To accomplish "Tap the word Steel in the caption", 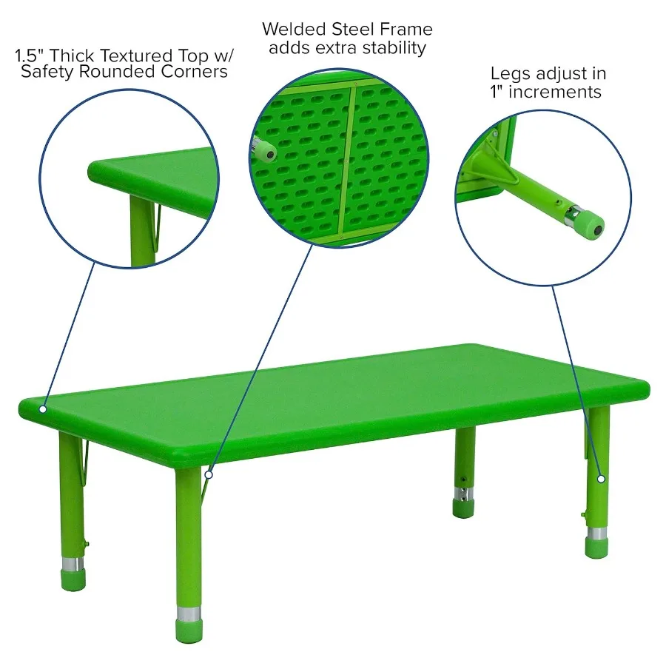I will pos(353,30).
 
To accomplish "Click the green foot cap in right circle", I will pos(589,226).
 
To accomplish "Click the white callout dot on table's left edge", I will pos(44,408).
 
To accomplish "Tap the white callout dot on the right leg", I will pos(602,479).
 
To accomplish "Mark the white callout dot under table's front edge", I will pos(209,474).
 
